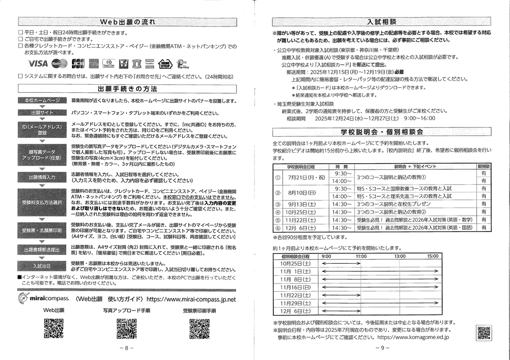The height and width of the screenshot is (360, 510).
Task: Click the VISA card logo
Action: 38,64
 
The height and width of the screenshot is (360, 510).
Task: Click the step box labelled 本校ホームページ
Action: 42,100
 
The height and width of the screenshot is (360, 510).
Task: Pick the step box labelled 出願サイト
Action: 42,113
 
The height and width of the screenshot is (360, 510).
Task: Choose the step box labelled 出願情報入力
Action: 42,177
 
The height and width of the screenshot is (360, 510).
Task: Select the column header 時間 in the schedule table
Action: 342,166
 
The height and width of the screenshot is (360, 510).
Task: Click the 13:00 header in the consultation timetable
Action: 400,256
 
